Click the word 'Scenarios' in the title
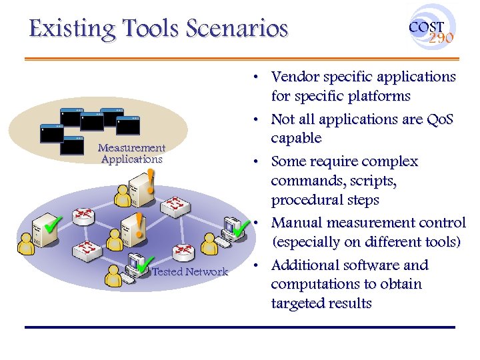click(x=237, y=29)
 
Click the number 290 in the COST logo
click(x=441, y=38)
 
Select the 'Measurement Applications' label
click(x=131, y=153)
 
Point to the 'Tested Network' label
click(x=190, y=272)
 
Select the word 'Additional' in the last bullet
click(x=305, y=265)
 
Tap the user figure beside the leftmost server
click(x=26, y=244)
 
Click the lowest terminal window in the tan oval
click(x=72, y=145)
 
